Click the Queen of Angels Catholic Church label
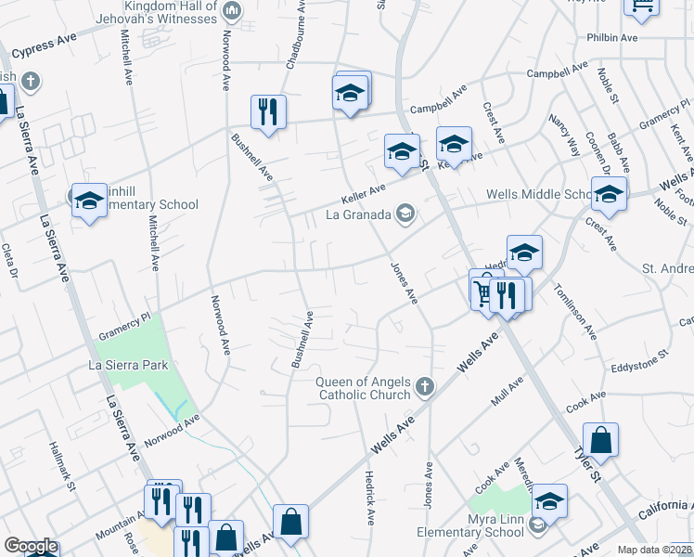[x=364, y=388]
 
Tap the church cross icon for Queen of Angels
[x=425, y=385]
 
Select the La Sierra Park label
[x=128, y=365]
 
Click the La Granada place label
[x=358, y=214]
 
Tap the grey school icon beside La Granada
[x=405, y=214]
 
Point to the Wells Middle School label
[x=539, y=194]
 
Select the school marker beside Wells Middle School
[x=609, y=195]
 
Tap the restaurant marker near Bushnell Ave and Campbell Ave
[x=268, y=112]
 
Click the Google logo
[x=32, y=546]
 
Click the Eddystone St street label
[x=640, y=360]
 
